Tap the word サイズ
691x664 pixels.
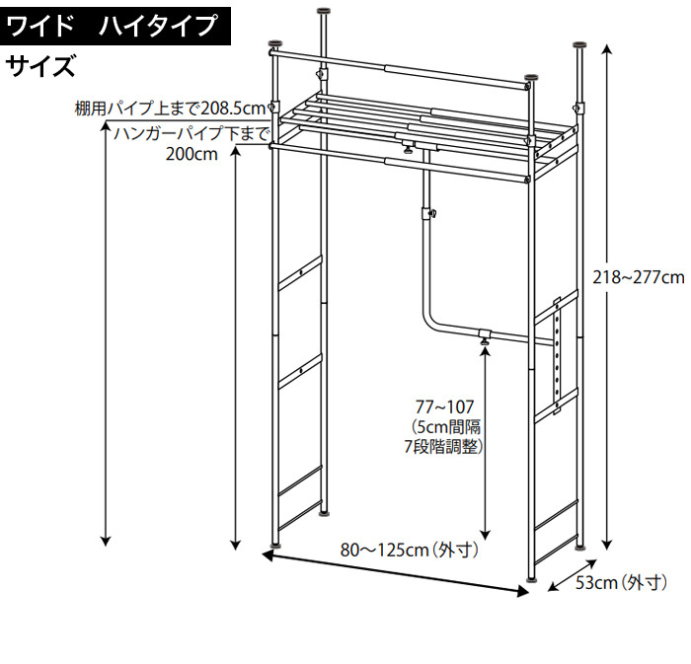(40, 67)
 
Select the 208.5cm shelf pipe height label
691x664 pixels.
(171, 108)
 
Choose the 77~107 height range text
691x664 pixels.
(444, 406)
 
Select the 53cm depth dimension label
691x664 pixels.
(622, 584)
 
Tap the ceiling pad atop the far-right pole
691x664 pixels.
(582, 45)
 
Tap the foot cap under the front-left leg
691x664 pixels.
(276, 544)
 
